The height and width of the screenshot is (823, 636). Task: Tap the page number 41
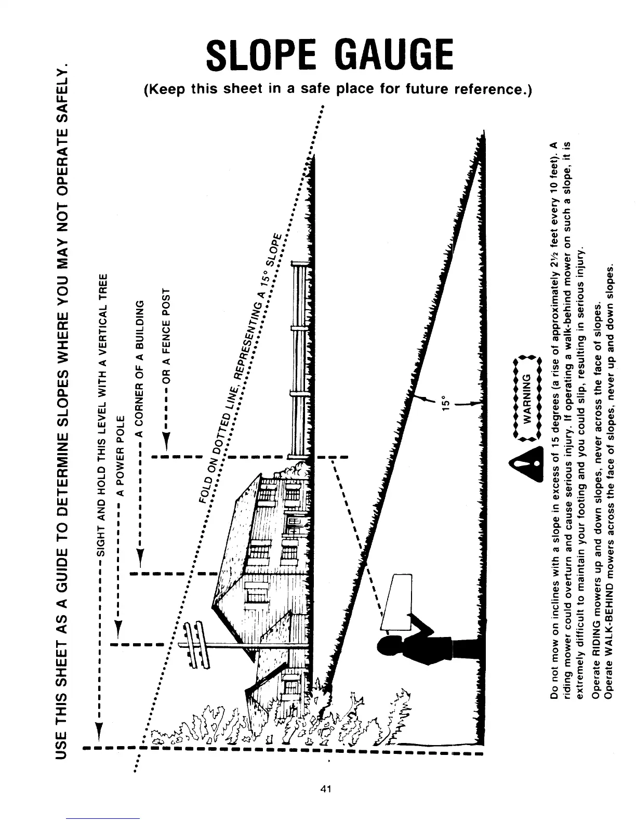pyautogui.click(x=326, y=789)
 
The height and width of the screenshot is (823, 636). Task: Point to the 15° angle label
pyautogui.click(x=446, y=403)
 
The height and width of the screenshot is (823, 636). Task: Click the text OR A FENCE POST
pyautogui.click(x=167, y=331)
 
